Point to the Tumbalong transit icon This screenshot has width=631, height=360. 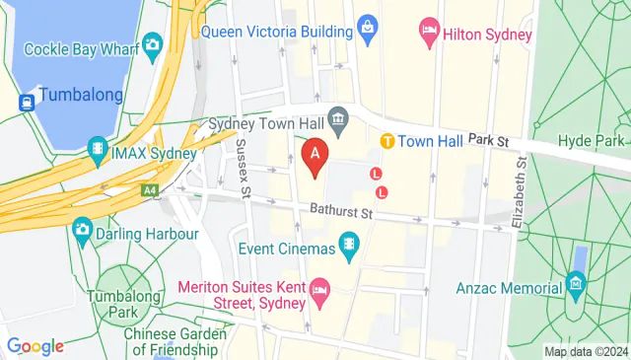(26, 97)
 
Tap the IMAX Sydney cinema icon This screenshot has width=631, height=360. (98, 151)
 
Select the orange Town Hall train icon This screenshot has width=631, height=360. (388, 141)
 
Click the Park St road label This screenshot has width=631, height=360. (488, 142)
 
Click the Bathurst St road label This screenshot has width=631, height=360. (338, 211)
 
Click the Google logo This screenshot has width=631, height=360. (35, 346)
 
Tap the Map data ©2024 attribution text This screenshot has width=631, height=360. (586, 351)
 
